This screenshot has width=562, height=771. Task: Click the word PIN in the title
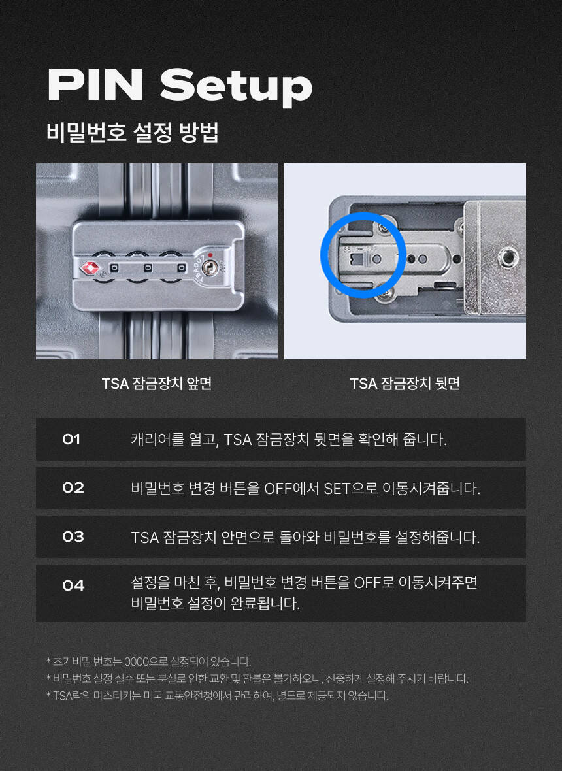click(95, 84)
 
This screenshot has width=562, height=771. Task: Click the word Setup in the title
click(237, 88)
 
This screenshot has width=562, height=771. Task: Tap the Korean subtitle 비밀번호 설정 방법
click(133, 133)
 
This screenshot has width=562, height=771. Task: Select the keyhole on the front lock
click(210, 268)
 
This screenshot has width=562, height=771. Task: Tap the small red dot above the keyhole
click(210, 255)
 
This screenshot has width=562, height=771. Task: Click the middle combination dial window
click(148, 268)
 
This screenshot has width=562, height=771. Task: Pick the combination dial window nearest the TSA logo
click(114, 268)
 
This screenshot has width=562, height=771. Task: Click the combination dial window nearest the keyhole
click(182, 268)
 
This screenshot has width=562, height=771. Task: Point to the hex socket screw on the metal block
click(506, 255)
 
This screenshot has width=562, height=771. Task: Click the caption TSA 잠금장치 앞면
click(157, 384)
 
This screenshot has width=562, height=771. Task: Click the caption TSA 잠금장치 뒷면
click(405, 384)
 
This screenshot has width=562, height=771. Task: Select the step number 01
click(71, 439)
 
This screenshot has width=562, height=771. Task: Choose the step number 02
click(73, 488)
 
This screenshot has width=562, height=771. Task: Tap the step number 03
click(73, 536)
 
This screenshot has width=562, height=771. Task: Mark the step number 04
click(73, 585)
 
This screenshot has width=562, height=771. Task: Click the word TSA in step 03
click(144, 538)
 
